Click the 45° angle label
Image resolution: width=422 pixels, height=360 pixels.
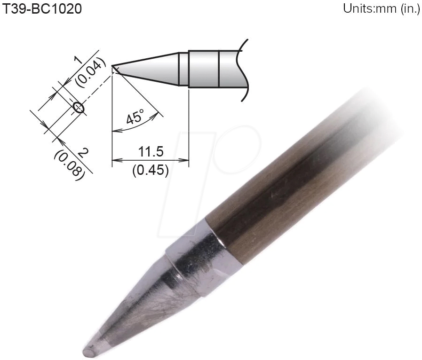tap(134, 117)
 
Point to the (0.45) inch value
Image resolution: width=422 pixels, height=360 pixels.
tap(150, 170)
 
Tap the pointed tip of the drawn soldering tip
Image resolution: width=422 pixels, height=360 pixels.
tap(113, 66)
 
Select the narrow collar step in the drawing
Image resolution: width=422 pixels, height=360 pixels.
tap(183, 69)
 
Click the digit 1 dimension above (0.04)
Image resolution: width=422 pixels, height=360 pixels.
tap(78, 60)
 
